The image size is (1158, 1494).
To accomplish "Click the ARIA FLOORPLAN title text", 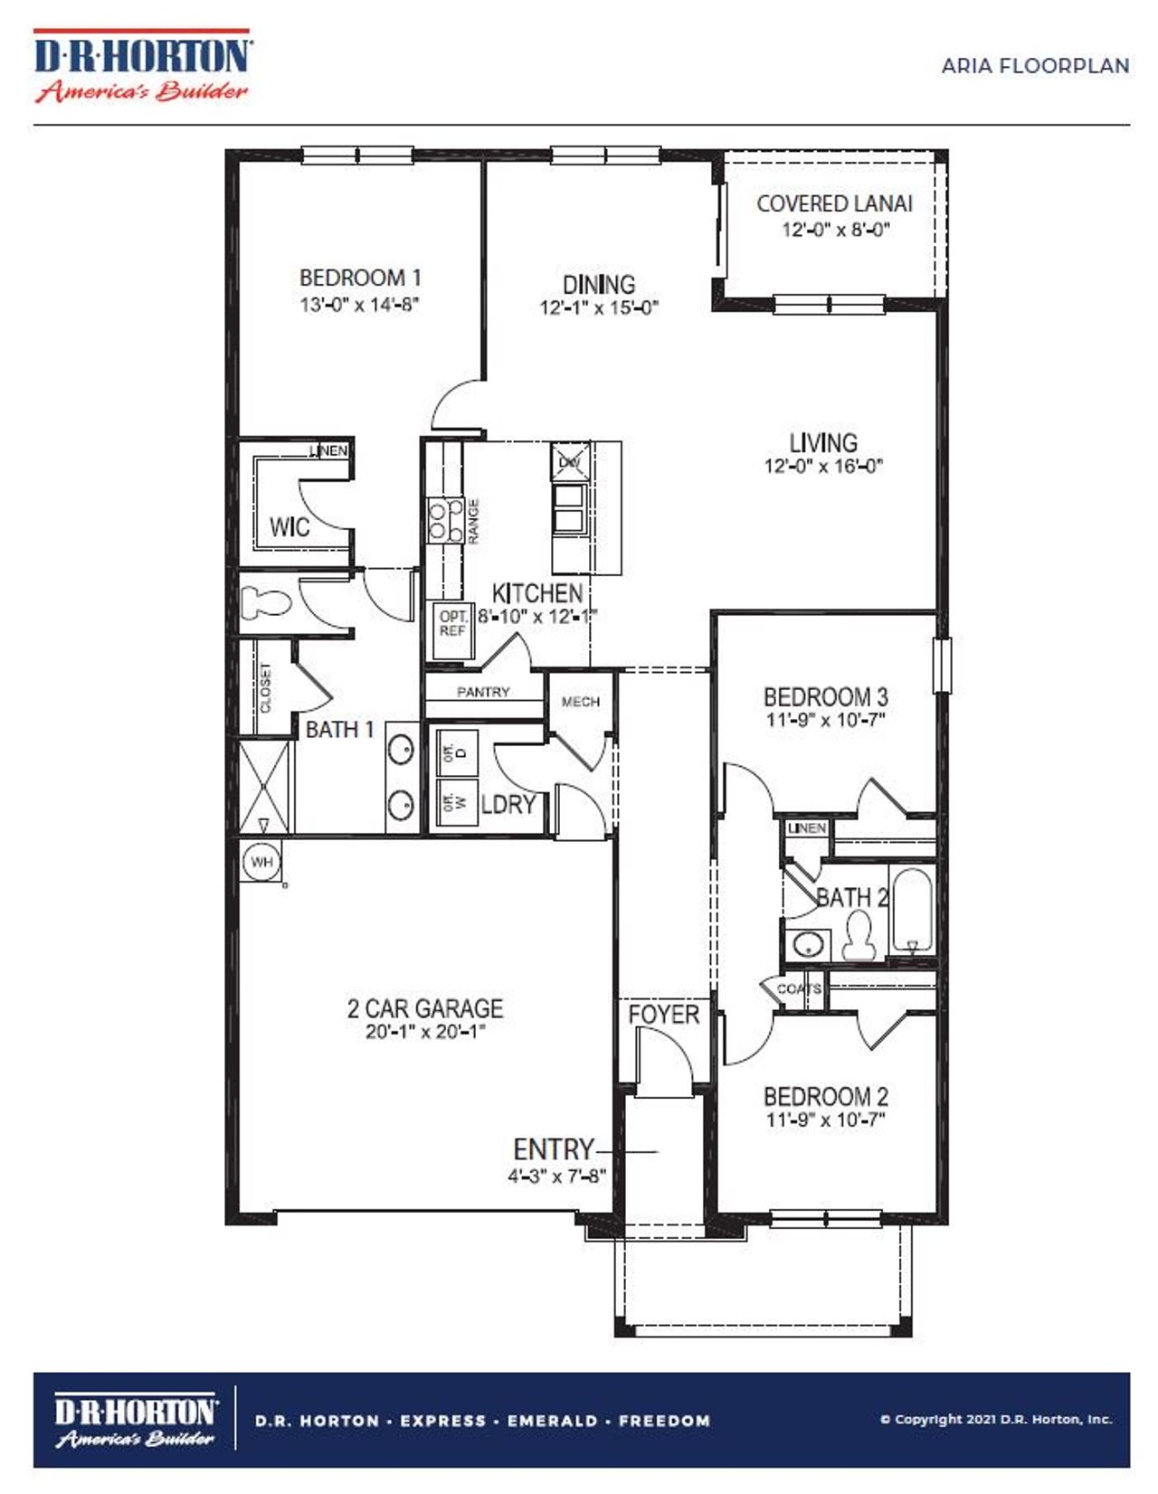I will [x=1035, y=66].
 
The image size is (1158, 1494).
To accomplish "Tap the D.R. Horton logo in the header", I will [x=142, y=66].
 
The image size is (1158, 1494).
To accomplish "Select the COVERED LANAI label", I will [x=834, y=204].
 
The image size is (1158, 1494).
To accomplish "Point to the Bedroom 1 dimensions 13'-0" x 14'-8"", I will [x=359, y=305].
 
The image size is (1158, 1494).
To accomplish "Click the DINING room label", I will [x=598, y=284].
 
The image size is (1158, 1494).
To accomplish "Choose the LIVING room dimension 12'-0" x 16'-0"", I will [x=822, y=467].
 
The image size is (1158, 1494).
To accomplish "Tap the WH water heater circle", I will [x=261, y=862].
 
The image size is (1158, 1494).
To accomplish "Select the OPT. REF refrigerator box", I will [x=451, y=623].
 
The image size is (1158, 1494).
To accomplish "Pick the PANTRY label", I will [x=483, y=692].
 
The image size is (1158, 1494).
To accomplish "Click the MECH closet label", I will [x=580, y=702].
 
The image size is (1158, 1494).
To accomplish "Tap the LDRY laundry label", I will [x=508, y=804].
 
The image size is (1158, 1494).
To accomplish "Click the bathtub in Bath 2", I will [x=912, y=910].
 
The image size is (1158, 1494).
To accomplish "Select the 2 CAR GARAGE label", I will [x=424, y=1007].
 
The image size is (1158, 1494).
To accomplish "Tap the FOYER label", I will [x=663, y=1015].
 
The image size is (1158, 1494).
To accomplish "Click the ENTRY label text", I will [x=553, y=1149].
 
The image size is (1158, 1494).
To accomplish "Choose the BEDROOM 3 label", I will [x=825, y=697].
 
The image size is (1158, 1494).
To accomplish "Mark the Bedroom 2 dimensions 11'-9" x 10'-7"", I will [x=825, y=1120].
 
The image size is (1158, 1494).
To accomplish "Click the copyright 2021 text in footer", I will [x=995, y=1419].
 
